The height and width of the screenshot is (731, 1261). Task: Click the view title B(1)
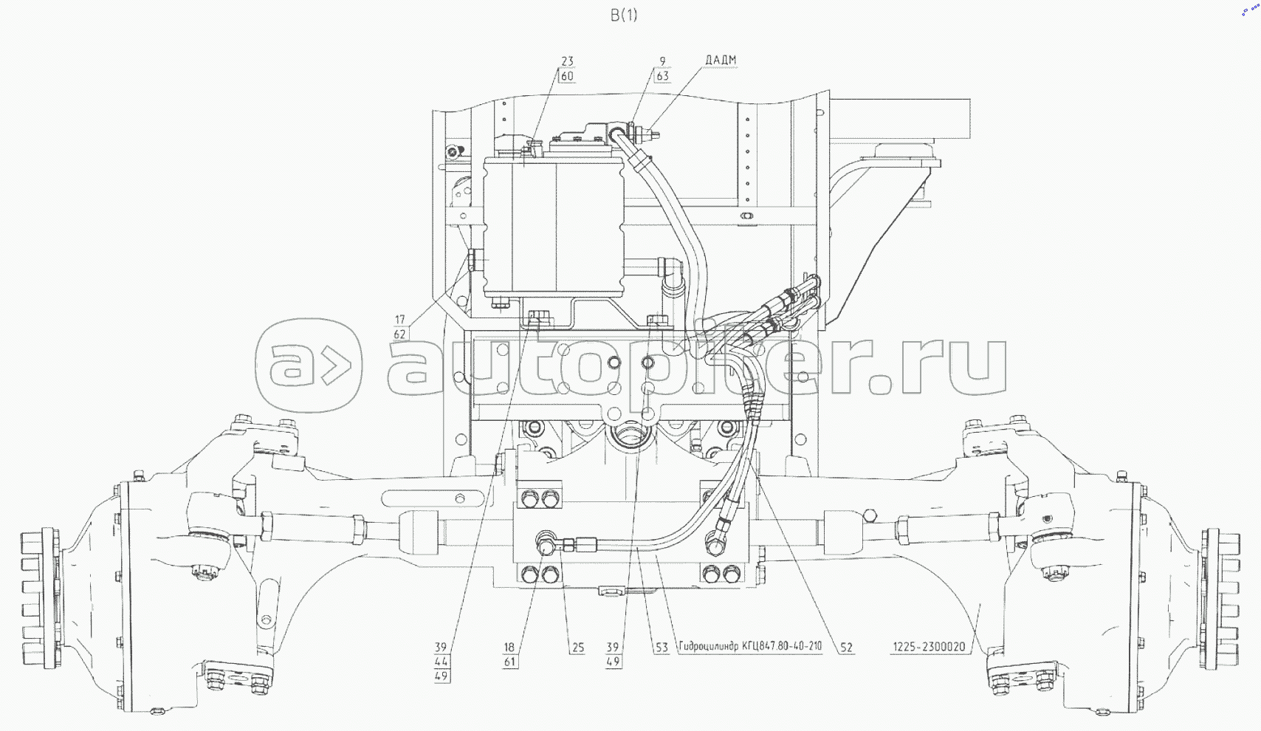[624, 16]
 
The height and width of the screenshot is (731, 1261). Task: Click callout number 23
[567, 61]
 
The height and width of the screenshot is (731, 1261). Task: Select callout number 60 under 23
[567, 76]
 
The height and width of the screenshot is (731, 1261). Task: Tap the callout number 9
[662, 61]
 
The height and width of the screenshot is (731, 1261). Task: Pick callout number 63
[662, 76]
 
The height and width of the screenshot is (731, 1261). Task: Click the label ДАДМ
[721, 60]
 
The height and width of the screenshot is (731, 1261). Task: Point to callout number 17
[399, 320]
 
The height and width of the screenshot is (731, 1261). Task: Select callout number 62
[399, 334]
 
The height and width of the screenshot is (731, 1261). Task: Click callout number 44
[441, 662]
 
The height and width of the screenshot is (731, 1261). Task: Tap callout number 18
[509, 648]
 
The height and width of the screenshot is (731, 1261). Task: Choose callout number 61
[509, 662]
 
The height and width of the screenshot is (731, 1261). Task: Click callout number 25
[578, 648]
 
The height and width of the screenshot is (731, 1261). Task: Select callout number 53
[662, 648]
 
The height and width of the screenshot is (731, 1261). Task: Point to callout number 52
[847, 648]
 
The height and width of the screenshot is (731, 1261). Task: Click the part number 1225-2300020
[928, 647]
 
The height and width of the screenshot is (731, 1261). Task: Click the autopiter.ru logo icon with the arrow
[309, 365]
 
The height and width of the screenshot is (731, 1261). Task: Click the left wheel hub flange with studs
[41, 599]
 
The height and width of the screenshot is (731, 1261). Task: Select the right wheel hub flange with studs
[1220, 599]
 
